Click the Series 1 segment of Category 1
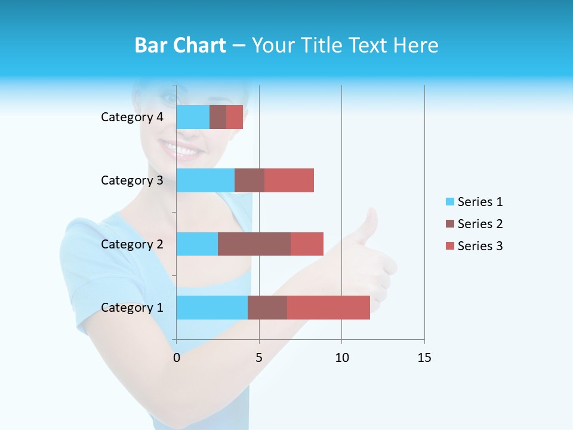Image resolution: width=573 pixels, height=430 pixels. tap(212, 308)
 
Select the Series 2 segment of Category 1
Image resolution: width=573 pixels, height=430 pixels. tap(267, 308)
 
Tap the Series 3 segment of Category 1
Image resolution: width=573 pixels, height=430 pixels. tap(328, 308)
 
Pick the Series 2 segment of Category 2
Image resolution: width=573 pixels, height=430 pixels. tap(254, 244)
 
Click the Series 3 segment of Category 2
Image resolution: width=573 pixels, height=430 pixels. tap(307, 244)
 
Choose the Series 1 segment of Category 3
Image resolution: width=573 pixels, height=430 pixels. tap(205, 180)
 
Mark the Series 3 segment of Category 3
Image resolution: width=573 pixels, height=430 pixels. tap(289, 180)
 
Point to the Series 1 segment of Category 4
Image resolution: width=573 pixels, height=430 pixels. tap(193, 117)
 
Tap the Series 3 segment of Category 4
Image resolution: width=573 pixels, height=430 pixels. tap(235, 117)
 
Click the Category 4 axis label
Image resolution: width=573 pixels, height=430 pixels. tap(132, 117)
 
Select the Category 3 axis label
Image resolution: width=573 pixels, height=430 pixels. tap(132, 180)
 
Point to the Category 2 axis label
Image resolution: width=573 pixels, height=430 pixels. tap(132, 244)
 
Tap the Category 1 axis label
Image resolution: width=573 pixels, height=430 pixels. tap(132, 308)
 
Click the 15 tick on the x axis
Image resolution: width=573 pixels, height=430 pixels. tap(424, 358)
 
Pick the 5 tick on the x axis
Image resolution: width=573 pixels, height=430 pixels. tap(259, 358)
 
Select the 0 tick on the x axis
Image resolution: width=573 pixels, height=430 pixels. tap(177, 358)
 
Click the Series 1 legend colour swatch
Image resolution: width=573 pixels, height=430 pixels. tap(450, 202)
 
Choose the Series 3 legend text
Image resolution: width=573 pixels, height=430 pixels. tap(480, 246)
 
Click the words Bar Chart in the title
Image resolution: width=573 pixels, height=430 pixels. tap(180, 45)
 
